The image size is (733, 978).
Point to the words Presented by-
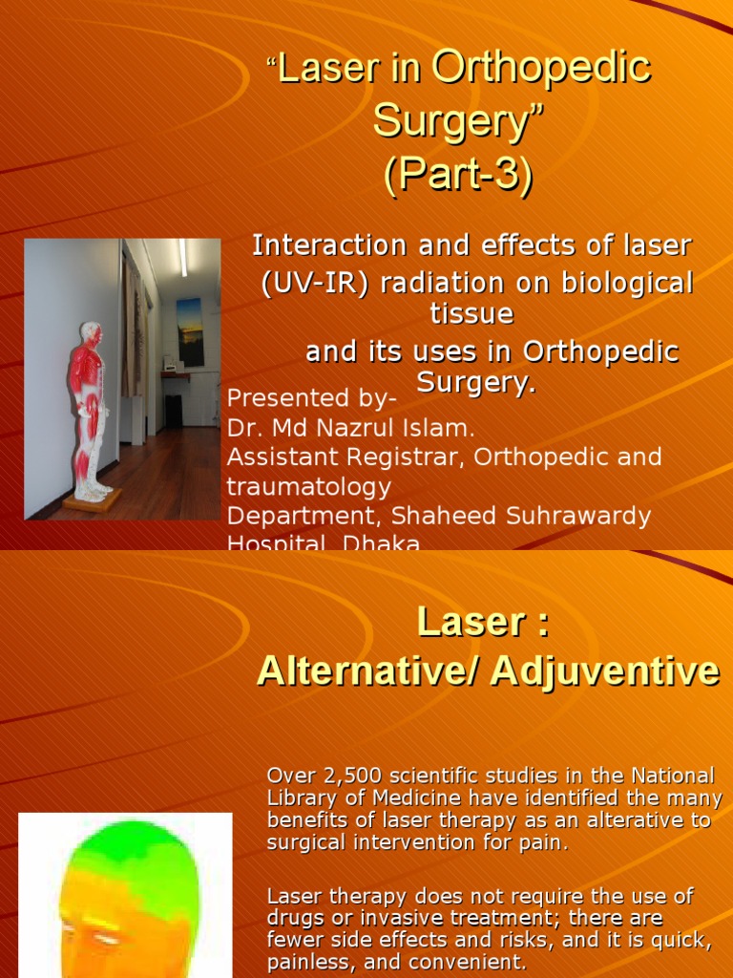pyautogui.click(x=299, y=397)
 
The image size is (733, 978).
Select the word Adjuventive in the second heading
pyautogui.click(x=605, y=671)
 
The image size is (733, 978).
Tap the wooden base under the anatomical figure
pyautogui.click(x=93, y=500)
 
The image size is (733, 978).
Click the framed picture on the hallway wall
pyautogui.click(x=190, y=330)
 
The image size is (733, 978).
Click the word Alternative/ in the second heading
pyautogui.click(x=367, y=671)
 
